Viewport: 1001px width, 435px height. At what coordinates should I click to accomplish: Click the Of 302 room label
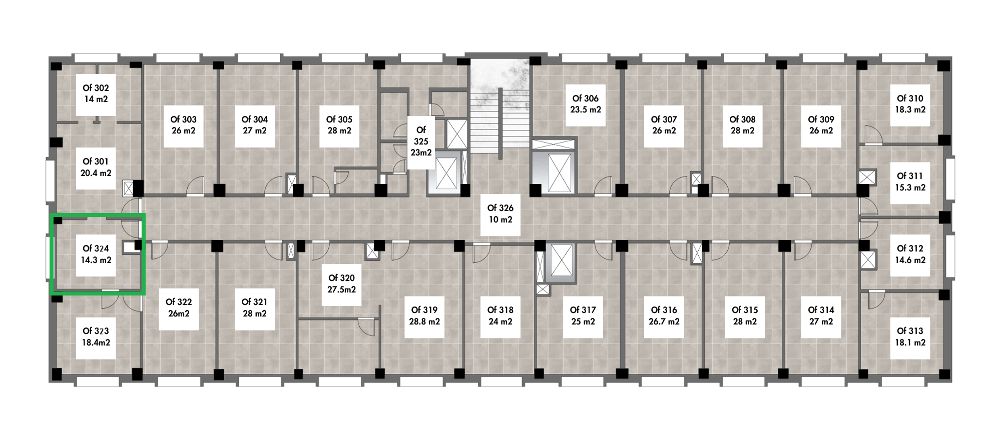[x=96, y=93]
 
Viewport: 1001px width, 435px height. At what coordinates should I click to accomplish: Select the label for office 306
[x=586, y=104]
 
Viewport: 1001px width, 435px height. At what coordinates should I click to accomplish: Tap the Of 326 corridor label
[x=500, y=214]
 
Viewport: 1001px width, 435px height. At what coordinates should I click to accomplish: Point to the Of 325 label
[x=421, y=141]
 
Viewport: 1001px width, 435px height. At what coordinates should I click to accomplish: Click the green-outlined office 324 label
[x=96, y=254]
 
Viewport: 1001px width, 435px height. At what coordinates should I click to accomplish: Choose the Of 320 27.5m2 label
[x=342, y=284]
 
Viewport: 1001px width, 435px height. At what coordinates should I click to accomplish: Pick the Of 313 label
[x=910, y=337]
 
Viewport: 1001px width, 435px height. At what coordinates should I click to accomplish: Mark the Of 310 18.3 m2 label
[x=910, y=104]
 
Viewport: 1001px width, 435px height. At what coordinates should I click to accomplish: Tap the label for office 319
[x=424, y=316]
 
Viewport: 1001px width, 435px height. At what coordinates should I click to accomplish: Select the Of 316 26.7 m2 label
[x=664, y=316]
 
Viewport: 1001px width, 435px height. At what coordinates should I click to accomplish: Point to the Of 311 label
[x=910, y=182]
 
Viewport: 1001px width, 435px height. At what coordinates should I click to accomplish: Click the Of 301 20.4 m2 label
[x=96, y=167]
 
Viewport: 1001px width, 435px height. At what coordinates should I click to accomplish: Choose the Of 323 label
[x=96, y=337]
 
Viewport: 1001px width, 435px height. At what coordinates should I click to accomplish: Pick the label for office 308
[x=743, y=125]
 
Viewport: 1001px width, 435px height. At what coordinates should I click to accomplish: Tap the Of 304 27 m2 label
[x=255, y=125]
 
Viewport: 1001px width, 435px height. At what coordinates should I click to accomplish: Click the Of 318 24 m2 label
[x=500, y=316]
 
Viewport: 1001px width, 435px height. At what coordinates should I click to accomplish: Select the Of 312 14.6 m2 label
[x=910, y=254]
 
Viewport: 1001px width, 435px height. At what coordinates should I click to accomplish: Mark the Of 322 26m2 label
[x=179, y=308]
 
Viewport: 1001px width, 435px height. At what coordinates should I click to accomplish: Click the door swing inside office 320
[x=367, y=328]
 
